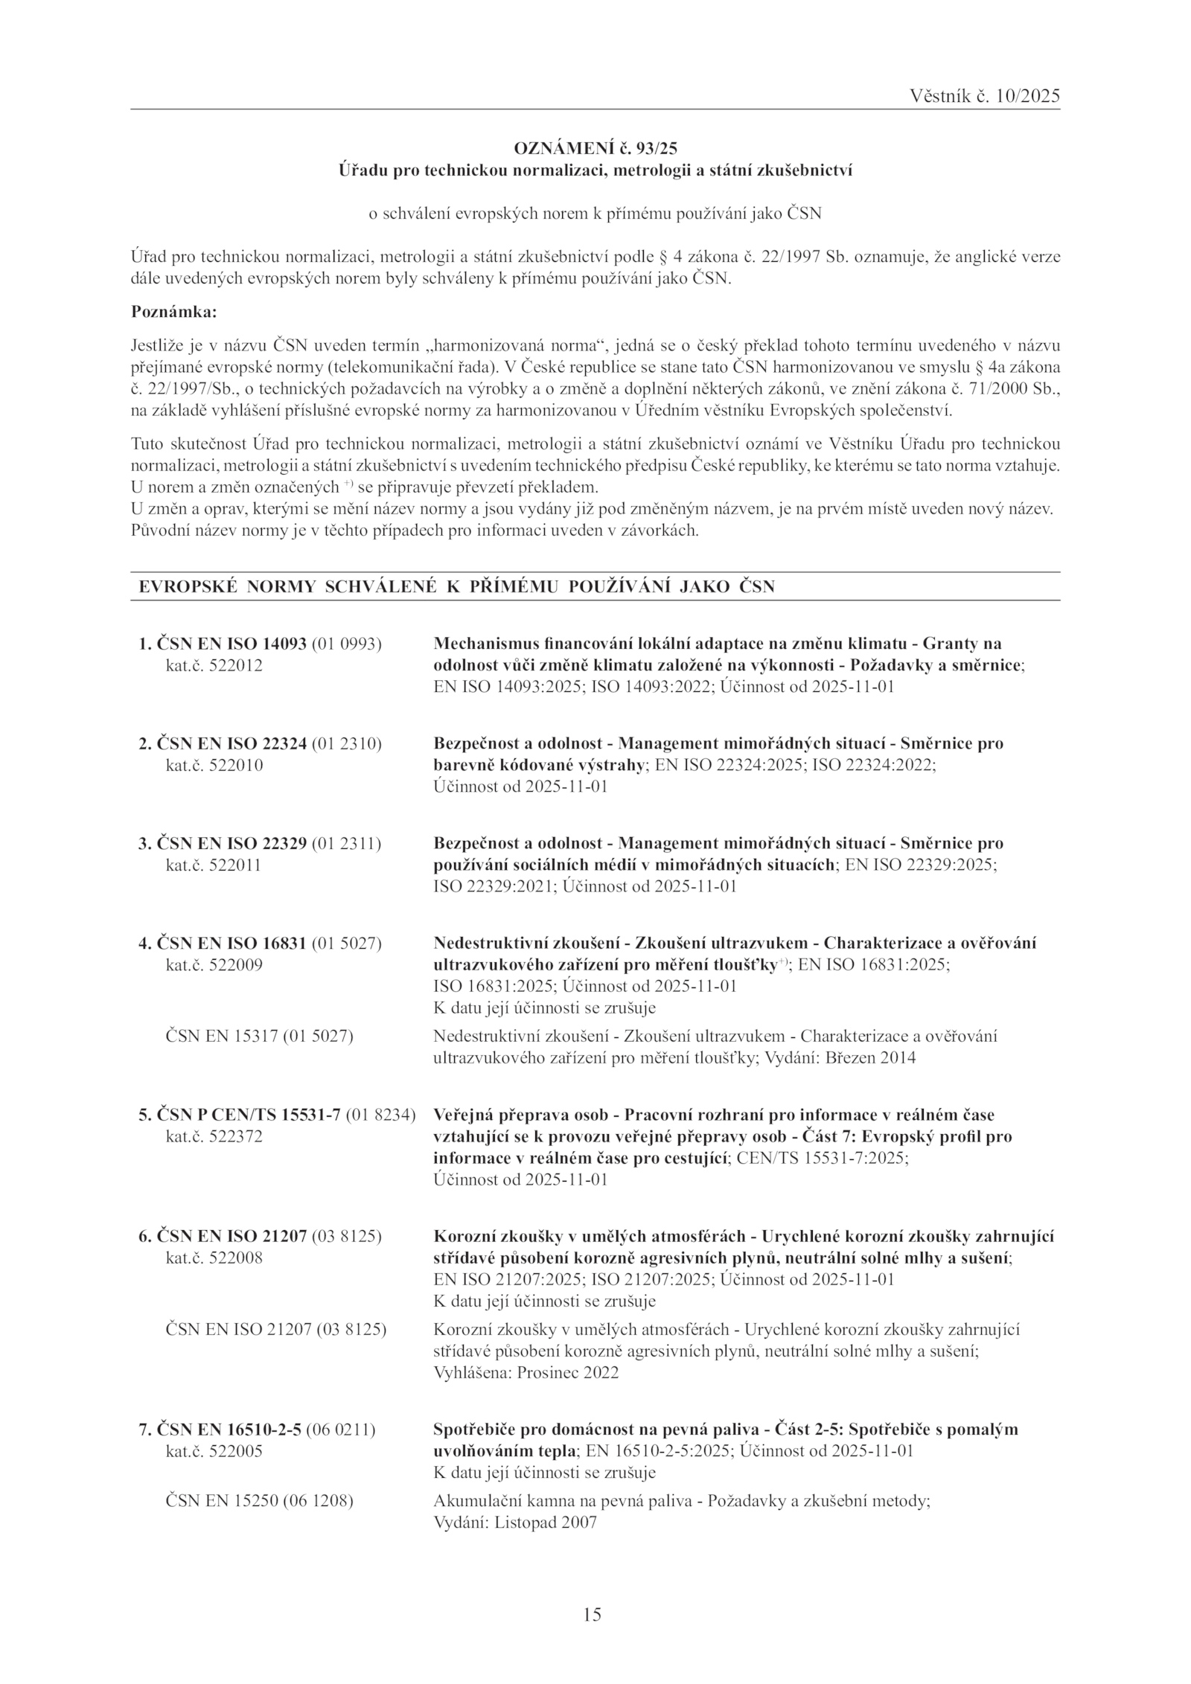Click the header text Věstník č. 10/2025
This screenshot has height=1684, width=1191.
coord(984,96)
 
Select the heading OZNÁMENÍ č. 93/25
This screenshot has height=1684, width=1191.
coord(595,148)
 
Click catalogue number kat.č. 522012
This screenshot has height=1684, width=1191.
coord(214,665)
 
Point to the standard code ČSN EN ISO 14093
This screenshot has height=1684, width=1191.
coord(232,644)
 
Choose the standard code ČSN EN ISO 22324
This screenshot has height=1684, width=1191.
coord(232,743)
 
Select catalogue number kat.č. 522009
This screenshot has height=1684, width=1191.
coord(214,965)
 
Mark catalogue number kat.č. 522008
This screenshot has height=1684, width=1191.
coord(214,1258)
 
